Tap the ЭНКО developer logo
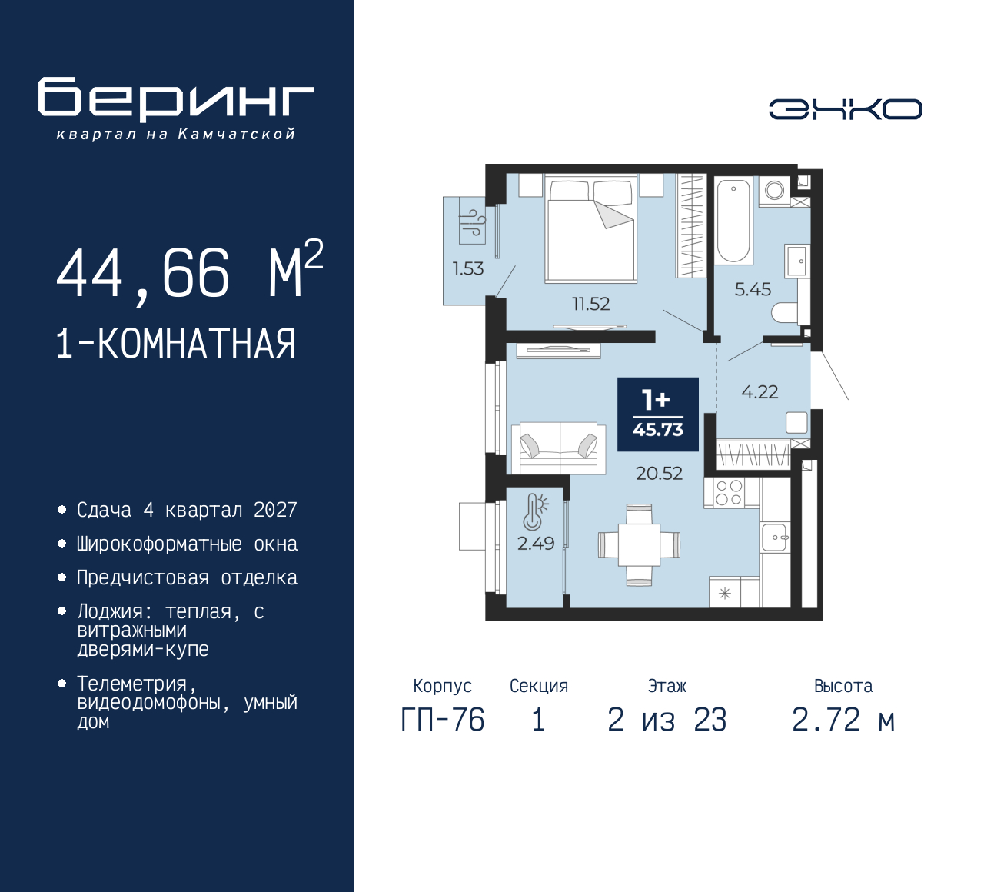845,109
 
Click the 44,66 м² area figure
190,271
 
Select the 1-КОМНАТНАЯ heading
176,344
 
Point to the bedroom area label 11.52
590,304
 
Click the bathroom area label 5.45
753,289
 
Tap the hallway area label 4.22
760,391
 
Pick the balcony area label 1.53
468,268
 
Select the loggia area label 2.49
536,543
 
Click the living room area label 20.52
659,473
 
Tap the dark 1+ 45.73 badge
658,414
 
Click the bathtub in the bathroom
733,221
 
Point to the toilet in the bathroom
785,312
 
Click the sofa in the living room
558,448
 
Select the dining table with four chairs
639,544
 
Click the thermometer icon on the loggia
535,511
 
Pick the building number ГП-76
443,720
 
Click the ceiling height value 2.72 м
843,720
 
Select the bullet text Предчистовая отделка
187,578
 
